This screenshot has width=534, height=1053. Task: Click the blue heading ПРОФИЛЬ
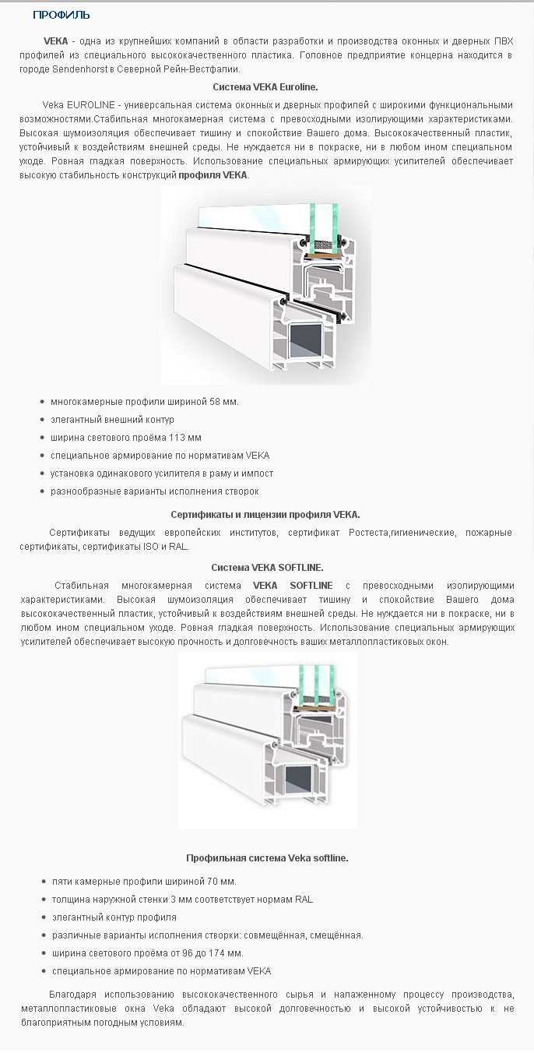(x=61, y=15)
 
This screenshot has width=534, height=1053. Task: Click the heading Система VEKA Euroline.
(x=265, y=87)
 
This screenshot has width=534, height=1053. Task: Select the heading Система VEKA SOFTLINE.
(x=267, y=568)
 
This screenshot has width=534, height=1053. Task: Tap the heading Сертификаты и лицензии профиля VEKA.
(x=265, y=515)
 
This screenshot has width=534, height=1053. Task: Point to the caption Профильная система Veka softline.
(x=267, y=858)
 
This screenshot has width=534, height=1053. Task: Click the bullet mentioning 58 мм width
(x=144, y=402)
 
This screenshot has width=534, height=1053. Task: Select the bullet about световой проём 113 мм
(x=125, y=438)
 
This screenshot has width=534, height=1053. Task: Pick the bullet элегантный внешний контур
(x=112, y=420)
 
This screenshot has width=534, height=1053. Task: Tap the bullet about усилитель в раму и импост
(x=162, y=474)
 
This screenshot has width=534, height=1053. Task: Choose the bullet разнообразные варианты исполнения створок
(x=154, y=491)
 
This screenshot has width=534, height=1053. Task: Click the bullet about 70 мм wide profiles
(x=143, y=882)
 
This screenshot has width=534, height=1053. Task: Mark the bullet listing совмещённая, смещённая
(x=207, y=935)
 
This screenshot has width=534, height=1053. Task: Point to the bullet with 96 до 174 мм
(x=147, y=953)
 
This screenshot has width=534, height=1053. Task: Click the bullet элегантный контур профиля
(x=114, y=917)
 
